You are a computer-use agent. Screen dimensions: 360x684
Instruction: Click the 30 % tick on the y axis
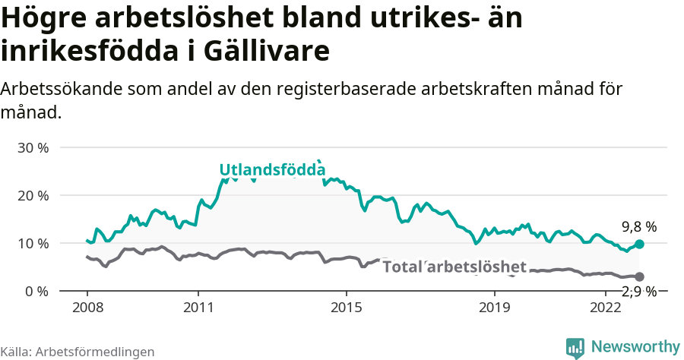pos(33,147)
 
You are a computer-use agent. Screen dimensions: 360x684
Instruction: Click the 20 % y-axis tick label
pos(33,195)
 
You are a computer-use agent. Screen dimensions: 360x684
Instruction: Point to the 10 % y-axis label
pos(33,243)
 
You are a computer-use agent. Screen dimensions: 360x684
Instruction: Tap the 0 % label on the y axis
pos(36,291)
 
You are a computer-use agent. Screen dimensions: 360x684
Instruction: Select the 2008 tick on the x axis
pos(87,308)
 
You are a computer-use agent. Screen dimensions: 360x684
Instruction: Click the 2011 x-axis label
pos(198,308)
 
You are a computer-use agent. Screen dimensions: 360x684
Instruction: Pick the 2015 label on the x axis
pos(347,308)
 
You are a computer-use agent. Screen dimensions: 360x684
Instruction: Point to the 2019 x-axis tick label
pos(495,308)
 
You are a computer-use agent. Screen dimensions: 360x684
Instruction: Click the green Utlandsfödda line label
pos(272,169)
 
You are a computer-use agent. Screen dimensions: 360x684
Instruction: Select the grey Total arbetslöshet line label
pos(454,267)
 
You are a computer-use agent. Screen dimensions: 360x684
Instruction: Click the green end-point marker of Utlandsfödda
pos(639,244)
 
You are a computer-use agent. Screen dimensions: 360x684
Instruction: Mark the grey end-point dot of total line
pos(639,276)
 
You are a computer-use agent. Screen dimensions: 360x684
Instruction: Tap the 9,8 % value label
pos(638,226)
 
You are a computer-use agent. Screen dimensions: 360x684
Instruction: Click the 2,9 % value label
pos(638,292)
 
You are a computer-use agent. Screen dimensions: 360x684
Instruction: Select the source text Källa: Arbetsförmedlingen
pos(78,352)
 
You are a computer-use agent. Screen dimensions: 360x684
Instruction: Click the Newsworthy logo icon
pos(575,348)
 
